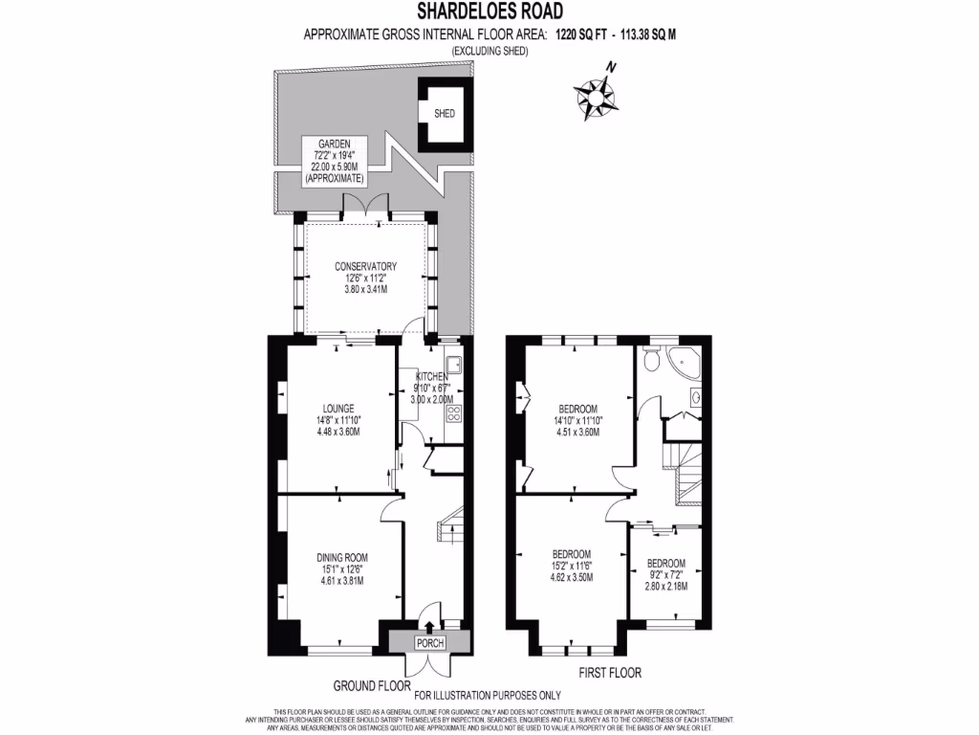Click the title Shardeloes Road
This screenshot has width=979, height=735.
point(489,11)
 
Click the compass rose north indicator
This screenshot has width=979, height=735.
point(598,94)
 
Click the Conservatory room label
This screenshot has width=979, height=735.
point(365,266)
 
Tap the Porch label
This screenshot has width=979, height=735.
point(429,642)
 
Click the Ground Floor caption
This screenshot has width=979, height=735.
point(371,686)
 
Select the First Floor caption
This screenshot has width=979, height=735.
point(610,672)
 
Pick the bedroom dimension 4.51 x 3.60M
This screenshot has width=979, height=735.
point(577,431)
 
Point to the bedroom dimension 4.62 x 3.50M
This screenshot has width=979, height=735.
point(571,578)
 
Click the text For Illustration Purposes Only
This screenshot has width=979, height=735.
point(488,696)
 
